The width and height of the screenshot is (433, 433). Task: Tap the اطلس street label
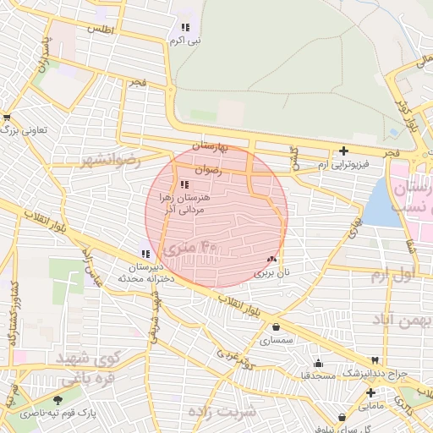click(101, 29)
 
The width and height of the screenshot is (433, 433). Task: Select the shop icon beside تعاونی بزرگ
click(8, 117)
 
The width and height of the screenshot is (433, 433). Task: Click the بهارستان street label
click(211, 146)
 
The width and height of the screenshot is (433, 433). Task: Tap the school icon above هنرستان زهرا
click(184, 184)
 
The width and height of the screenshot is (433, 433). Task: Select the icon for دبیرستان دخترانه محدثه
click(145, 253)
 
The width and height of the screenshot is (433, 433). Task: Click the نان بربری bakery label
click(272, 273)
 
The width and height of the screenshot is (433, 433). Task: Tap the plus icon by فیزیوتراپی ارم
click(343, 152)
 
